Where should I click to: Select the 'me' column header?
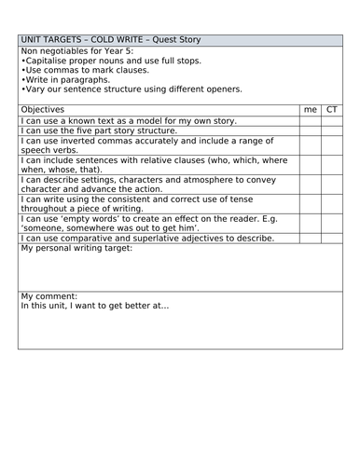(x=311, y=109)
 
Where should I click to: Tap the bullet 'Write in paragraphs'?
(x=66, y=79)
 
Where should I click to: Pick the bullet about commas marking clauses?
(x=83, y=70)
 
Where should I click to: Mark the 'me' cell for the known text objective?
(x=311, y=121)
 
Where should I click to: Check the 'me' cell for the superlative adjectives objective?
(x=311, y=239)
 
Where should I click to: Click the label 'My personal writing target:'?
(x=76, y=249)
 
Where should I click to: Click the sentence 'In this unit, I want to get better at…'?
(x=98, y=306)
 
